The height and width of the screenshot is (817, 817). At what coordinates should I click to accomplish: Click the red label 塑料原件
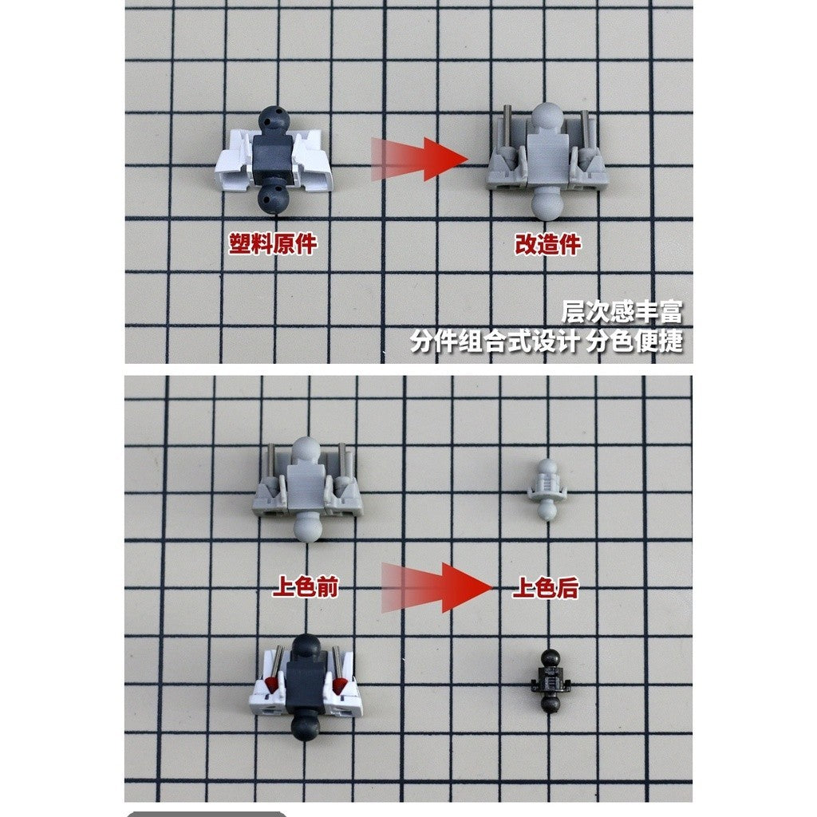(273, 244)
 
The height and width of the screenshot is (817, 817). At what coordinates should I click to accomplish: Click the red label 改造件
(547, 244)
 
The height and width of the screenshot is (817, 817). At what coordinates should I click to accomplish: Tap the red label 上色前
(306, 588)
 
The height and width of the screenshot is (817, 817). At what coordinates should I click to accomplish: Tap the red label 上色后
(546, 588)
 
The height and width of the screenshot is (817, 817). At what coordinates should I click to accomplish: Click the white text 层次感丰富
(622, 312)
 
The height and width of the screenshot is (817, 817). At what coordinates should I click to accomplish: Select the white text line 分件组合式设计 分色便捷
(546, 341)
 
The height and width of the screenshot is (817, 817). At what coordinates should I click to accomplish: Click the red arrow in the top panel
(420, 159)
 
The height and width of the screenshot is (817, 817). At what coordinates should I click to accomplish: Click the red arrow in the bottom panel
(436, 587)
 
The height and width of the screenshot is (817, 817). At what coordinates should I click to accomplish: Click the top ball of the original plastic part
(274, 120)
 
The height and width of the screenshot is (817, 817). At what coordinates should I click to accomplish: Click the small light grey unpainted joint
(546, 489)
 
